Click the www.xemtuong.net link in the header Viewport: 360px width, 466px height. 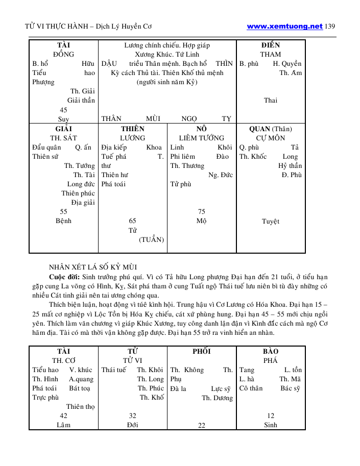284,26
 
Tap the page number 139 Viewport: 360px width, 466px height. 329,26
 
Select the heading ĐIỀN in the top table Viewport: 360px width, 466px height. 271,45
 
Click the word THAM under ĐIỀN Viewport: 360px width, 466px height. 271,54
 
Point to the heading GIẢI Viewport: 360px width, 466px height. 63,129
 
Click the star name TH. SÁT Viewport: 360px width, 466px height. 63,138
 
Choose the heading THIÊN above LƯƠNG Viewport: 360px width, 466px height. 132,129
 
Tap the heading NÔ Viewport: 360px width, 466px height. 201,129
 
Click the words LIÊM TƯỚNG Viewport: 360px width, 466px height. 201,138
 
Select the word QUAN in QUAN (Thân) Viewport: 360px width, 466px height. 259,129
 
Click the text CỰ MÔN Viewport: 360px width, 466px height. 270,138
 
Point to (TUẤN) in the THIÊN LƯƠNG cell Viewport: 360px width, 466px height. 151,239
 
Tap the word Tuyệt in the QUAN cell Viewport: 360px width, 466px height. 271,222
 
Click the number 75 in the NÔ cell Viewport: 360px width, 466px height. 201,212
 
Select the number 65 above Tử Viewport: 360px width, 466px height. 132,221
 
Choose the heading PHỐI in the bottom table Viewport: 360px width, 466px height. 201,351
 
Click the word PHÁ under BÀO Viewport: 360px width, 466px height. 271,360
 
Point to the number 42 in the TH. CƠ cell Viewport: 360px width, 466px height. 63,415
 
